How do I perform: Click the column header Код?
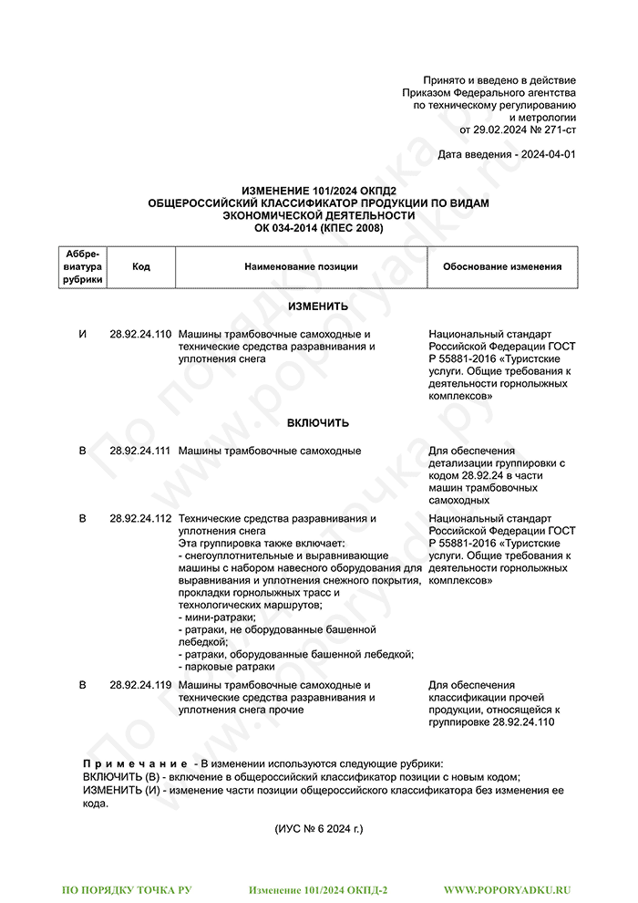pyautogui.click(x=141, y=267)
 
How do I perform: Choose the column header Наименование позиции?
pyautogui.click(x=301, y=267)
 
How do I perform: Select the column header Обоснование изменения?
pyautogui.click(x=502, y=267)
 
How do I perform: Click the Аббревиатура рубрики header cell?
pyautogui.click(x=83, y=267)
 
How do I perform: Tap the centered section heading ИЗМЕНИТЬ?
pyautogui.click(x=318, y=307)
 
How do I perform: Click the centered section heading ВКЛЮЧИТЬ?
pyautogui.click(x=318, y=423)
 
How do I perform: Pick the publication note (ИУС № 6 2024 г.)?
pyautogui.click(x=318, y=829)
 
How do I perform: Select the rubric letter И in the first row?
pyautogui.click(x=83, y=335)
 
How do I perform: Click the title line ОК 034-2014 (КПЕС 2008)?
pyautogui.click(x=318, y=227)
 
